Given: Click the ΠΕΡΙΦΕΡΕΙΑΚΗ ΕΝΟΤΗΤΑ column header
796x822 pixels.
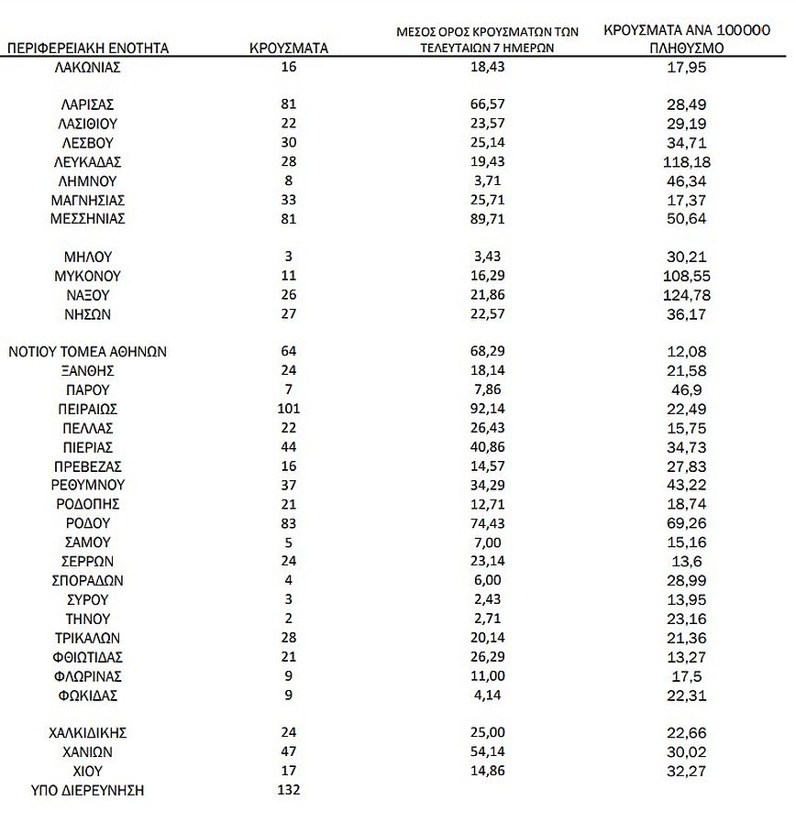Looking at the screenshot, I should pyautogui.click(x=88, y=48).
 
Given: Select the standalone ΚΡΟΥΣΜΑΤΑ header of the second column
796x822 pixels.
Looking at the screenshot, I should pyautogui.click(x=289, y=48).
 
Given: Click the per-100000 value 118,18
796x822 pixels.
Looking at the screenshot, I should pyautogui.click(x=686, y=161).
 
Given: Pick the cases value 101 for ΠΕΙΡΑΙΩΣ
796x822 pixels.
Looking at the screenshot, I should pyautogui.click(x=289, y=409).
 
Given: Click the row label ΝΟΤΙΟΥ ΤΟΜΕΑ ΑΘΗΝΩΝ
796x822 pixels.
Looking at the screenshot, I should pyautogui.click(x=88, y=351).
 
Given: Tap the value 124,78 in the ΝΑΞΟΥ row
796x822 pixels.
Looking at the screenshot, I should pyautogui.click(x=686, y=295).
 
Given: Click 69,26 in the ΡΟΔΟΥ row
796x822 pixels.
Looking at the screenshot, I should pyautogui.click(x=686, y=523).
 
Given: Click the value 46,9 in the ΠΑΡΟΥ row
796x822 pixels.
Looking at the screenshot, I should pyautogui.click(x=686, y=389).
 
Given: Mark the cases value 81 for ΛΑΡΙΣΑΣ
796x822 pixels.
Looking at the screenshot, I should pyautogui.click(x=289, y=104).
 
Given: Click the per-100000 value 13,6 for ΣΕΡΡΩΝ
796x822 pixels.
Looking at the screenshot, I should pyautogui.click(x=686, y=562).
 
